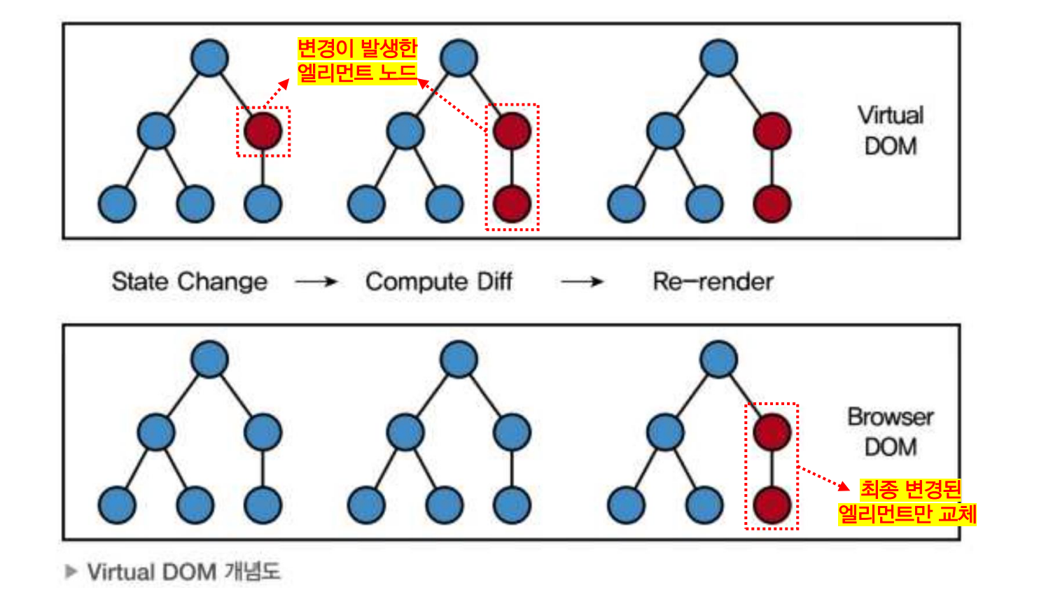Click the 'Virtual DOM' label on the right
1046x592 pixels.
(891, 130)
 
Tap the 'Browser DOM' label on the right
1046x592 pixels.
(891, 432)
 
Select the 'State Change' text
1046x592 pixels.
(189, 281)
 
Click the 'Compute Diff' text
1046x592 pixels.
(439, 281)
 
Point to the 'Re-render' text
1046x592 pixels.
(713, 281)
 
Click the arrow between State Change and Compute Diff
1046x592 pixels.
(316, 282)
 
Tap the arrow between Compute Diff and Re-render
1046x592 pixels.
(583, 282)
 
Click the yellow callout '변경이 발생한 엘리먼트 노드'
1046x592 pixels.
(357, 60)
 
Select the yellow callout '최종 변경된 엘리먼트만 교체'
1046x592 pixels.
(908, 501)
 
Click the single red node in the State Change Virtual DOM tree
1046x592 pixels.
(263, 131)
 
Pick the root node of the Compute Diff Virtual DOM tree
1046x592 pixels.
(459, 57)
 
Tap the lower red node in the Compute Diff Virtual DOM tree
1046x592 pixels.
(512, 204)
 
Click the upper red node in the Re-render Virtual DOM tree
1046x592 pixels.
(772, 131)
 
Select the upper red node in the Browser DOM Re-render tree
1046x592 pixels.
(772, 432)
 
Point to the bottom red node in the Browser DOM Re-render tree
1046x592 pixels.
(772, 505)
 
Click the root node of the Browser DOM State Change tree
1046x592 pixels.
(209, 359)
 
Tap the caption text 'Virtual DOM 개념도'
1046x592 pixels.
(183, 572)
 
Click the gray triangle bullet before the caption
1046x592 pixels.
(71, 572)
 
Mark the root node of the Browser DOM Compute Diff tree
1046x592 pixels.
(459, 359)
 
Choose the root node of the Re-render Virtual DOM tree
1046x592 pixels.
(718, 57)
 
